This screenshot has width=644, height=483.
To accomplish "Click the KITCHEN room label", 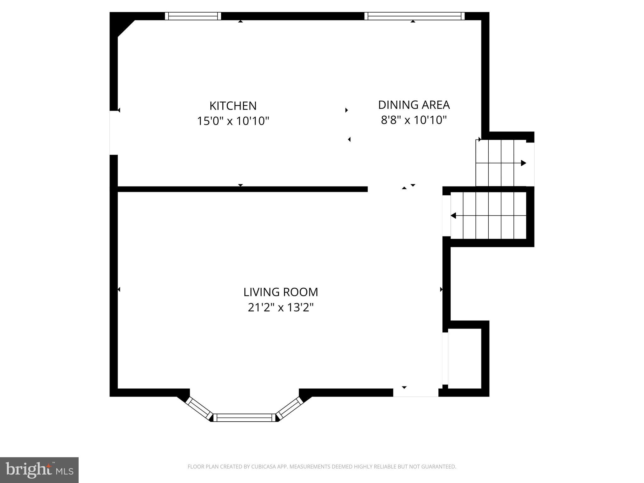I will coord(233,106).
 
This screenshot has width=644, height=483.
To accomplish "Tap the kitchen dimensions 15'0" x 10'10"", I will coord(233,121).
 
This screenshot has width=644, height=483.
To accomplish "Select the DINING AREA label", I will coord(414,105).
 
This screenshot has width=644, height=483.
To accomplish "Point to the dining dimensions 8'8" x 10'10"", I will coord(414,120).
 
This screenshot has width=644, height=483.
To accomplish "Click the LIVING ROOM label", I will coord(280,292).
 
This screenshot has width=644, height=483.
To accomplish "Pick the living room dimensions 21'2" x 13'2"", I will coord(280,308).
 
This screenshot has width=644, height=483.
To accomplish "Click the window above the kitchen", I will coord(193,16).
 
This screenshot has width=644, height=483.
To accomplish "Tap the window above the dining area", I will coord(414,16).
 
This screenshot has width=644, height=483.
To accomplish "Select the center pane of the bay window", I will coord(245,418).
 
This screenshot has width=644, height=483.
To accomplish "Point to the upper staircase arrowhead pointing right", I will coord(523,163).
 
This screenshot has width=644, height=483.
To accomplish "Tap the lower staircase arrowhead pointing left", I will coord(453,216).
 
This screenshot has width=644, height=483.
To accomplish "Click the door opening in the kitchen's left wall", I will coord(114,133).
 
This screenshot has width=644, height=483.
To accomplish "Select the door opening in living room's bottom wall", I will coord(415,392).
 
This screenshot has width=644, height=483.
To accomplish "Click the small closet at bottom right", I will coord(465,358).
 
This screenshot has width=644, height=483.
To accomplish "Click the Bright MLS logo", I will coord(39,470).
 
